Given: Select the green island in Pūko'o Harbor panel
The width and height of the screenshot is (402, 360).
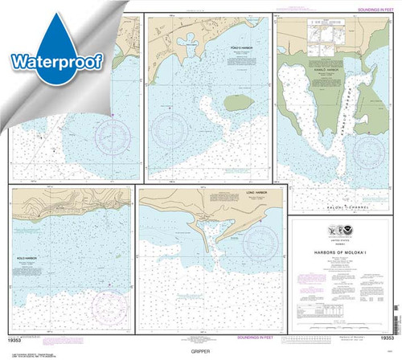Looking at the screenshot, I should pos(240,103).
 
